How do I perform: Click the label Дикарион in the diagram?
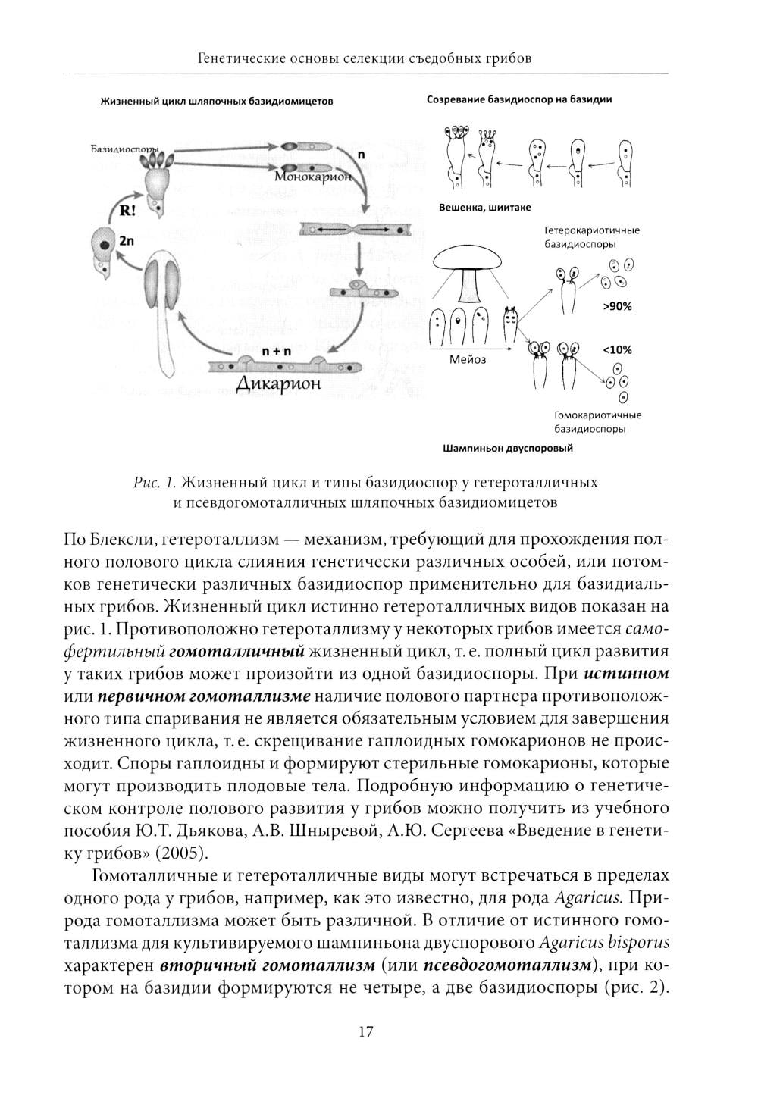278,383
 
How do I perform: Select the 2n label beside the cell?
127,241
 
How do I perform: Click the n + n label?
276,352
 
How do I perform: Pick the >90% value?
618,307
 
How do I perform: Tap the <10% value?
617,349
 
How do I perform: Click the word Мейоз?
468,359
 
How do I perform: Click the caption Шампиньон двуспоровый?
507,448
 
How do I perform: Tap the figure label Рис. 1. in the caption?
154,482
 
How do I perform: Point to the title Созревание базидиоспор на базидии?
519,99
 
